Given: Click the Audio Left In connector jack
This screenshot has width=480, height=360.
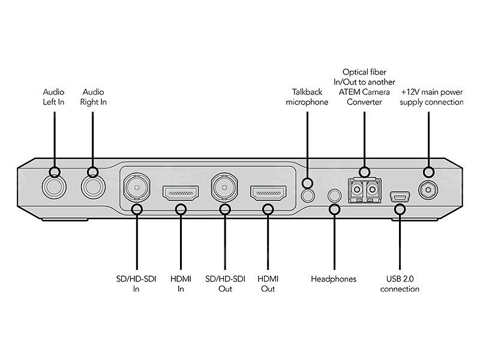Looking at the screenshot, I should pyautogui.click(x=53, y=187).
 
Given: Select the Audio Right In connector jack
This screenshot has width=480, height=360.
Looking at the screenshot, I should pyautogui.click(x=93, y=187).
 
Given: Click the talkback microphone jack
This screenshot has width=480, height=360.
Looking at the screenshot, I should pyautogui.click(x=307, y=194).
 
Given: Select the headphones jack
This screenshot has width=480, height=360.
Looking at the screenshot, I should pyautogui.click(x=335, y=195).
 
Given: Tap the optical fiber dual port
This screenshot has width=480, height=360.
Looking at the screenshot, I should pyautogui.click(x=365, y=190).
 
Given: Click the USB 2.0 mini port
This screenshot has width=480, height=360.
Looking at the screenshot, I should pyautogui.click(x=398, y=196).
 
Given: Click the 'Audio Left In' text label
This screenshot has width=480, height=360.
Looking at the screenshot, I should pyautogui.click(x=53, y=97).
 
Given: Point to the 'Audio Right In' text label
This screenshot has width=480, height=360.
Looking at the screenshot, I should pyautogui.click(x=92, y=97).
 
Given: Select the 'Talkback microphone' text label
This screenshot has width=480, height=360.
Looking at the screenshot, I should pyautogui.click(x=307, y=97).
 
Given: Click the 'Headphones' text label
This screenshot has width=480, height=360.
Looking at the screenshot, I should pyautogui.click(x=334, y=279).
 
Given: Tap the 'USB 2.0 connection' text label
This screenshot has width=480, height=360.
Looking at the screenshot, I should pyautogui.click(x=400, y=284).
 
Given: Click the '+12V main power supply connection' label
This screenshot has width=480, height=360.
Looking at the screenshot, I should pyautogui.click(x=432, y=97).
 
